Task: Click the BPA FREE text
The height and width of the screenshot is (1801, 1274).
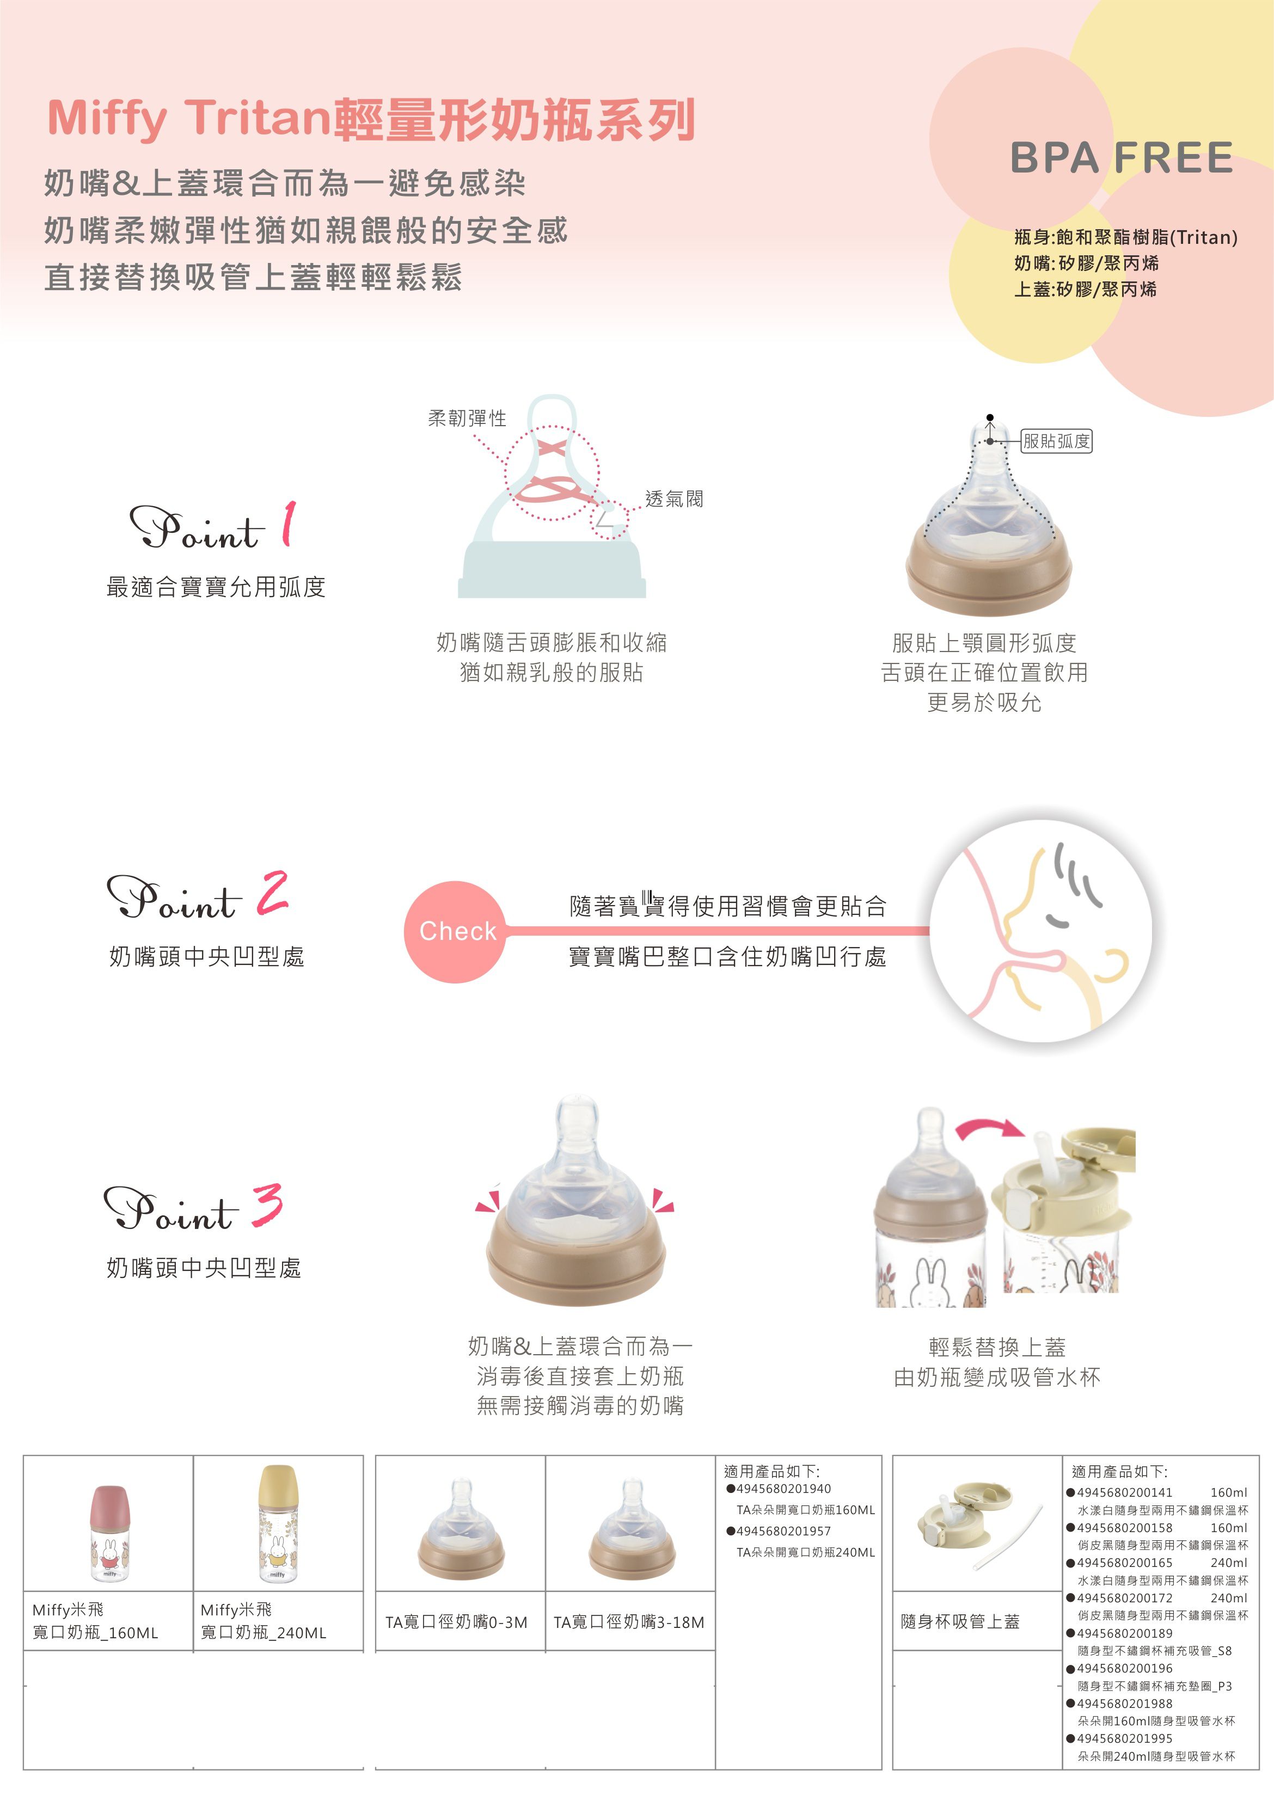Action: tap(1121, 158)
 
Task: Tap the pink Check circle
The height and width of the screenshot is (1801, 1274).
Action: tap(457, 931)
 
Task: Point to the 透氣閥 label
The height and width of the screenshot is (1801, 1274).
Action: tap(674, 499)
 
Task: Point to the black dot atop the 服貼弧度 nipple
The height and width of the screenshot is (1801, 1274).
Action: tap(990, 417)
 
